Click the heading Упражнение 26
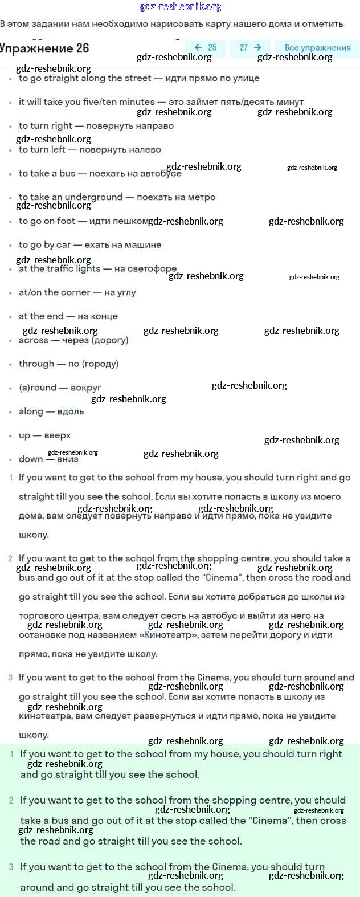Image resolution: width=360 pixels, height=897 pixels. point(44,48)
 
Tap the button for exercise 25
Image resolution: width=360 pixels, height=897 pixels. point(205,48)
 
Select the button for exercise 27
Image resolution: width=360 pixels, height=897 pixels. point(250,48)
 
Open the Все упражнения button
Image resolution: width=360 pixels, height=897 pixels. point(317,48)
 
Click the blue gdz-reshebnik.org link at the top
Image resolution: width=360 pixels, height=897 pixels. point(180,7)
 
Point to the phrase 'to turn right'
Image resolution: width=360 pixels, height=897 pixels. point(46,126)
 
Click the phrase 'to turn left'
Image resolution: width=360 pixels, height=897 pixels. point(42,150)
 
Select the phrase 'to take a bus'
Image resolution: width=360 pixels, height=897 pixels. point(47,173)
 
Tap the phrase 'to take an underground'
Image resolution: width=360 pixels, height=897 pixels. point(71,197)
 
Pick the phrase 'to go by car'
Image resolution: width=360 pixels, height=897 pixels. point(44,245)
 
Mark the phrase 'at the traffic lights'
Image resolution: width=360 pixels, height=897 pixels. point(60,268)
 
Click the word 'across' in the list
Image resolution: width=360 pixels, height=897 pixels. point(34,340)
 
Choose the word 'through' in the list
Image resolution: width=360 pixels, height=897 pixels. point(36,364)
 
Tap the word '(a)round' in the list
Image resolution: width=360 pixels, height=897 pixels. point(38,388)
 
